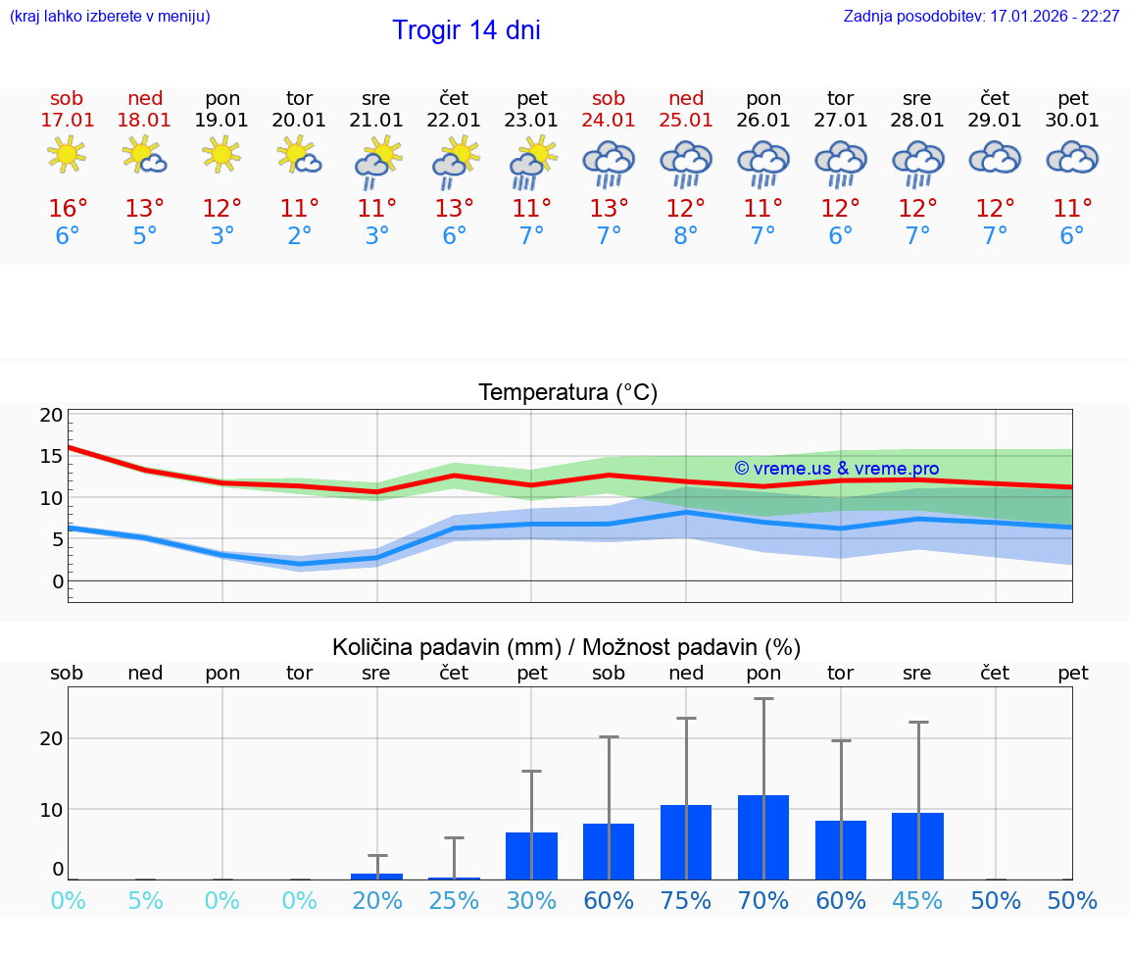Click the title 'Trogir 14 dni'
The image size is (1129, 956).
click(x=466, y=30)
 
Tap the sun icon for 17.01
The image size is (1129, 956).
click(x=67, y=155)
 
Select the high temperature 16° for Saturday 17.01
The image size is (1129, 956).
click(x=68, y=209)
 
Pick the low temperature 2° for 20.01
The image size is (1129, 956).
click(x=299, y=236)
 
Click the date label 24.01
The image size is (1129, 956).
click(x=609, y=121)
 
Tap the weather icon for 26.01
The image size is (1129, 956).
click(x=763, y=163)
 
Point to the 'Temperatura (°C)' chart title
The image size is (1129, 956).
click(x=567, y=393)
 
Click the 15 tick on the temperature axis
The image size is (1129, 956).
click(x=51, y=456)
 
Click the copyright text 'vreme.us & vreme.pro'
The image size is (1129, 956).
click(x=836, y=469)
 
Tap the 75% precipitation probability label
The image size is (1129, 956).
click(x=686, y=900)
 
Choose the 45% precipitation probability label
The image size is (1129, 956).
click(x=917, y=900)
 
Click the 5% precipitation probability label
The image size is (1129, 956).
click(x=145, y=900)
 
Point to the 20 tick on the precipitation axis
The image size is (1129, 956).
click(x=51, y=738)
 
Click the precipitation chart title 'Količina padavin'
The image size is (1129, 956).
click(x=566, y=647)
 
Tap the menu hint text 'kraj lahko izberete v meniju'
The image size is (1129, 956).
click(x=110, y=17)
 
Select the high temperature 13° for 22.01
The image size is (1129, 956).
click(x=454, y=209)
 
